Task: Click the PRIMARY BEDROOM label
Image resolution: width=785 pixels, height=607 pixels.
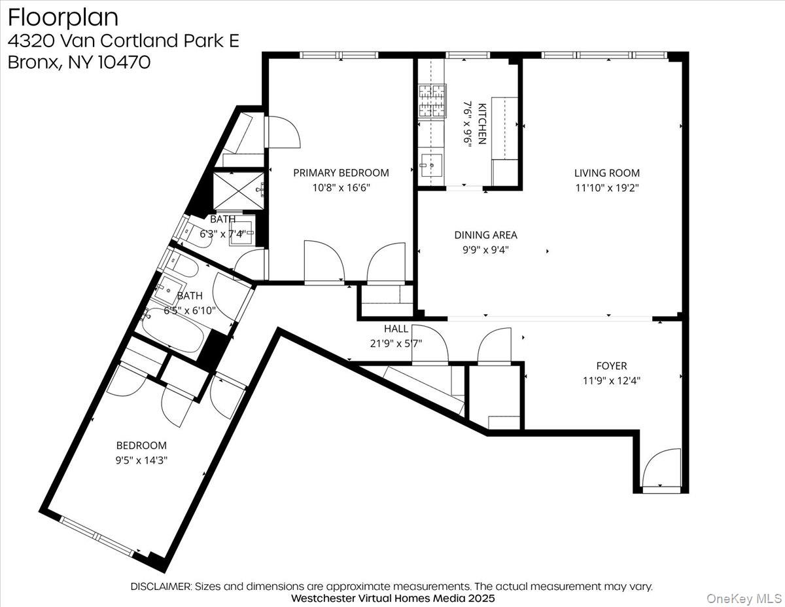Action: (341, 173)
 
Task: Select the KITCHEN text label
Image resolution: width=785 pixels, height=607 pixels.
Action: (483, 123)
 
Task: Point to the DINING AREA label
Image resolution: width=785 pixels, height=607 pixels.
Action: (485, 234)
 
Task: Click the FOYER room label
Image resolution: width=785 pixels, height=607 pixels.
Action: (611, 366)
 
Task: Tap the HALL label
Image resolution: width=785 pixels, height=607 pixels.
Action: (396, 329)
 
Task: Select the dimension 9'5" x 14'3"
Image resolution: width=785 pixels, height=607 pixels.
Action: (141, 460)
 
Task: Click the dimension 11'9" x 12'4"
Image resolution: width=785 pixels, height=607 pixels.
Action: (611, 380)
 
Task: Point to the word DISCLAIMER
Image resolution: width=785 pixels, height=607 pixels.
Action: (160, 586)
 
